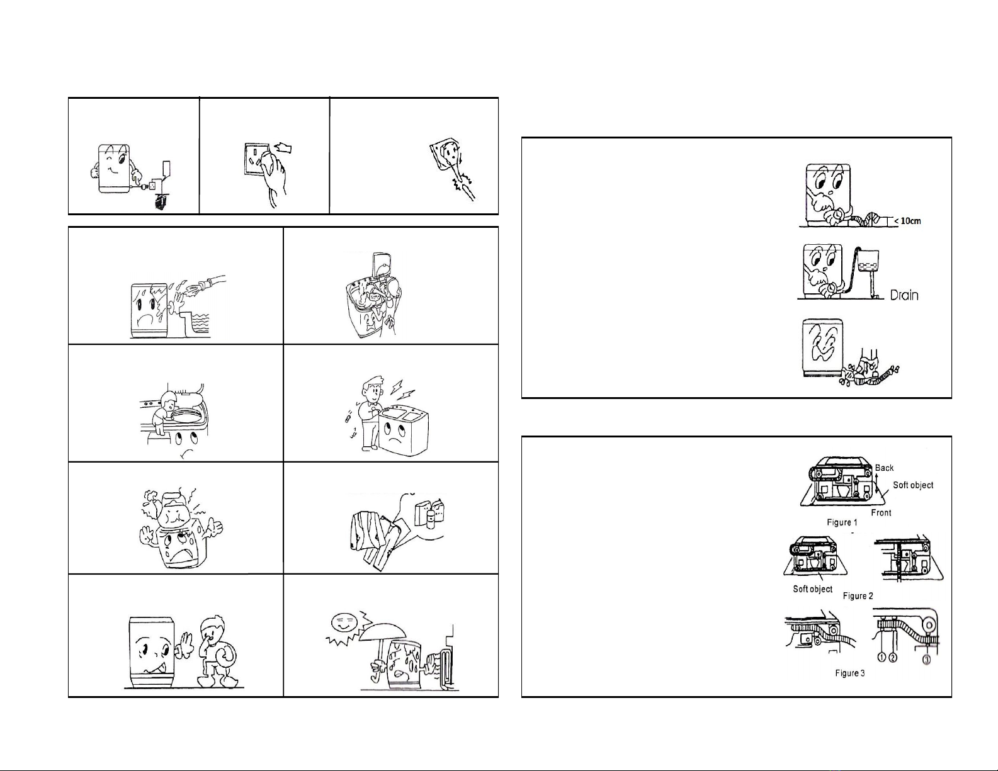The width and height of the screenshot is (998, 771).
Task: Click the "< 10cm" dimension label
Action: click(907, 221)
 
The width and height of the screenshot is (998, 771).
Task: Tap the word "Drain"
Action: click(904, 295)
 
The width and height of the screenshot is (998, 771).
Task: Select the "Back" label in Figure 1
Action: click(884, 468)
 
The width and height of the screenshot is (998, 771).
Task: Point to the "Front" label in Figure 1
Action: click(881, 512)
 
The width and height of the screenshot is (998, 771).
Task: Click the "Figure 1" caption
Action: click(842, 522)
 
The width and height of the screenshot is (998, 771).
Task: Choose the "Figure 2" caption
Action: click(858, 595)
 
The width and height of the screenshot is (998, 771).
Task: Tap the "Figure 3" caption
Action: click(849, 673)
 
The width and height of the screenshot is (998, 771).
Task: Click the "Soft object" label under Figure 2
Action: click(812, 589)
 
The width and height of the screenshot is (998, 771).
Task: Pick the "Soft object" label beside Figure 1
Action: click(913, 485)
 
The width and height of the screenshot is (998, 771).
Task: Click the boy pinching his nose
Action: click(217, 651)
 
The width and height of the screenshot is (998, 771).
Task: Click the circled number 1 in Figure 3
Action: click(882, 657)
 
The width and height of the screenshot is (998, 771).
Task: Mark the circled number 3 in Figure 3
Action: click(927, 660)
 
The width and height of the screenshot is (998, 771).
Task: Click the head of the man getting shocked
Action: click(373, 387)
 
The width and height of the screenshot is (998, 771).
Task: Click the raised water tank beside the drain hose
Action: click(868, 260)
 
